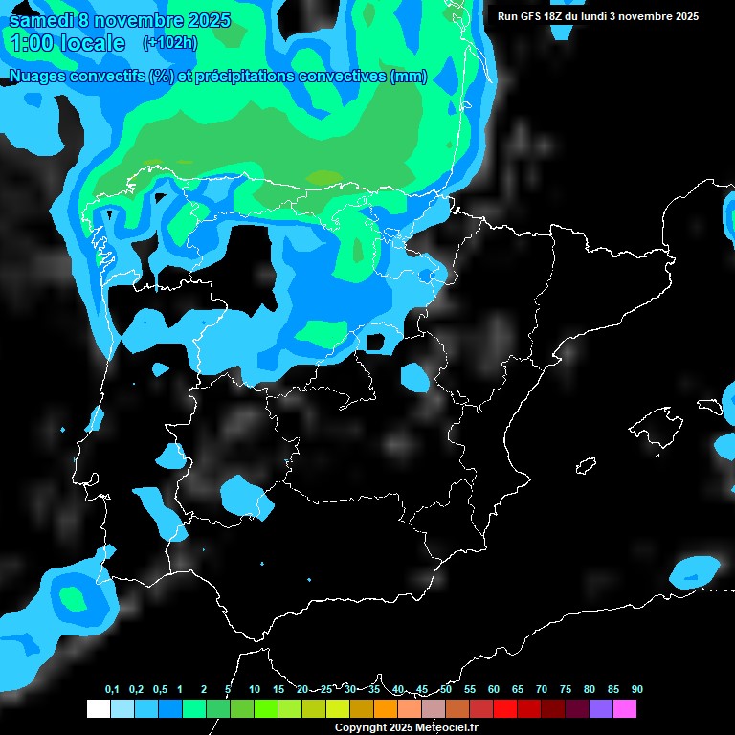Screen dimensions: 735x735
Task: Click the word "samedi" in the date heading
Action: [40, 19]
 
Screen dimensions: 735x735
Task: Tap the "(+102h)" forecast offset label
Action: [169, 42]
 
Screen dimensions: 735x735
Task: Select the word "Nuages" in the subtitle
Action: [37, 77]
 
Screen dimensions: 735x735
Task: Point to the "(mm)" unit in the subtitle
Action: [409, 77]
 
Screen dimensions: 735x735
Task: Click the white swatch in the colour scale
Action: [98, 708]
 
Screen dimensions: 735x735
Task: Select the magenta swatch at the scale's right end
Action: [624, 708]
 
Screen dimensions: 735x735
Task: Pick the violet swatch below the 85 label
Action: [600, 708]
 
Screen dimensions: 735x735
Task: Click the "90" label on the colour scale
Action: [636, 690]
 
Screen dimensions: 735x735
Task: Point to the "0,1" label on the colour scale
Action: [112, 690]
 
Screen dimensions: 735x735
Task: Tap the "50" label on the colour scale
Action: [446, 690]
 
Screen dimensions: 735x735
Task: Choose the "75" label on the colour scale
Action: [565, 690]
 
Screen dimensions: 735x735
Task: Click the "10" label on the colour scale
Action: [255, 690]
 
